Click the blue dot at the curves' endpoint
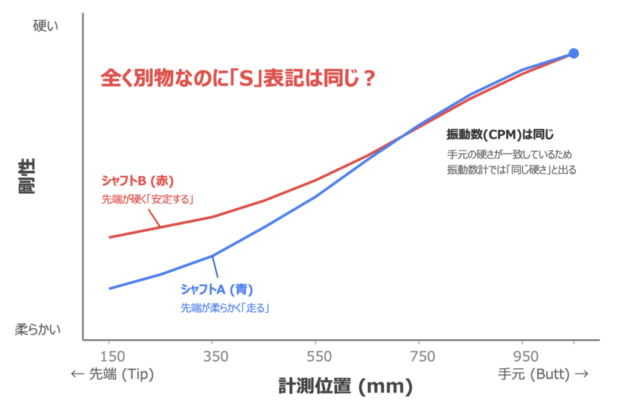pos(573,53)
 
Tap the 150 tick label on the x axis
pos(109,357)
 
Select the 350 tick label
pos(212,357)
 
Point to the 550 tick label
pos(316,357)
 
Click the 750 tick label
pos(419,357)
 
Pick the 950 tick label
pos(523,357)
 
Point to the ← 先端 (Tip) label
pos(113,374)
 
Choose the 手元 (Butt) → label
pos(543,374)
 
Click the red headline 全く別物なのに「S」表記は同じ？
pos(238,78)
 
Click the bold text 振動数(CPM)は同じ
pos(500,134)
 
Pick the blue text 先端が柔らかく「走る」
pos(225,307)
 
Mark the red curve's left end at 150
pos(109,237)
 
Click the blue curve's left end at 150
pos(109,289)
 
